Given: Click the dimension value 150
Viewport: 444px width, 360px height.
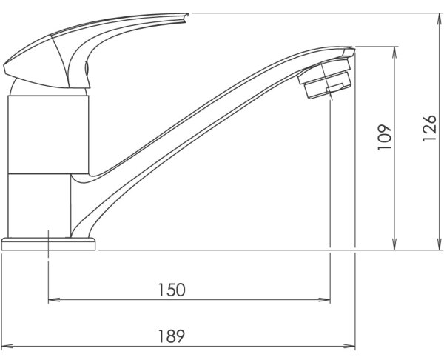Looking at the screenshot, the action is pyautogui.click(x=172, y=290).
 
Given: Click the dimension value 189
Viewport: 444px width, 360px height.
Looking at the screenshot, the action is pyautogui.click(x=172, y=336).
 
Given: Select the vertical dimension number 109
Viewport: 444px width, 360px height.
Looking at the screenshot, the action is pyautogui.click(x=384, y=137).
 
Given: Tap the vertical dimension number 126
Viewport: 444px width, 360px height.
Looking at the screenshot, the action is pyautogui.click(x=429, y=128).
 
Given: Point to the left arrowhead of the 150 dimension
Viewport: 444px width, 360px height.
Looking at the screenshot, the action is pyautogui.click(x=54, y=299).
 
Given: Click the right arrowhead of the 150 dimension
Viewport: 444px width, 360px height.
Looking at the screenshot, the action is pyautogui.click(x=325, y=299).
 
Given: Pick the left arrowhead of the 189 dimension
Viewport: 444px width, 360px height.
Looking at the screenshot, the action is pyautogui.click(x=7, y=346).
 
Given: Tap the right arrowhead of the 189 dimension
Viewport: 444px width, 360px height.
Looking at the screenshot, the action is pyautogui.click(x=349, y=346).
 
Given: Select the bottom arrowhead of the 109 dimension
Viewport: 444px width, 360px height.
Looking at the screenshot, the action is pyautogui.click(x=394, y=244).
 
